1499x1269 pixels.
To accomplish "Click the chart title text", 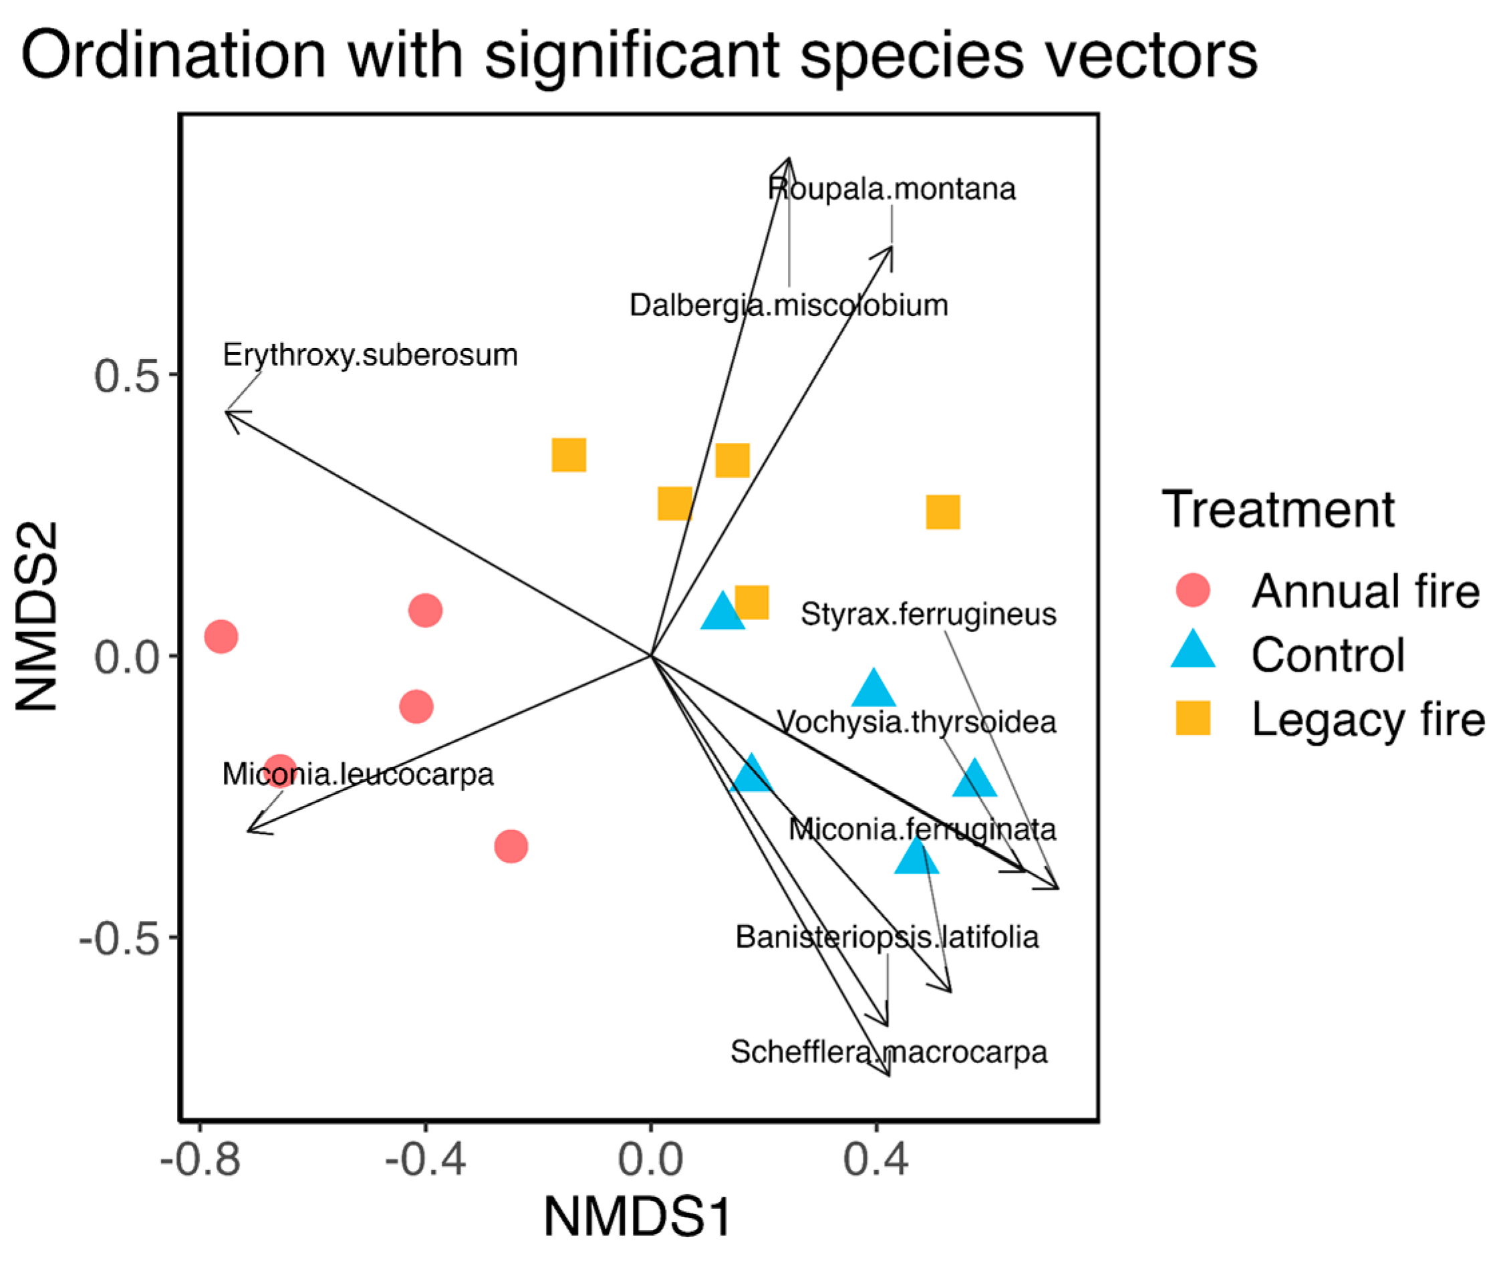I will click(639, 56).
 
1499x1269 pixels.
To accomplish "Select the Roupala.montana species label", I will click(892, 189).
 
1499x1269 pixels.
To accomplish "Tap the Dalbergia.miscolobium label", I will click(789, 305).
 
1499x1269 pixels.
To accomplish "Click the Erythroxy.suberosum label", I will click(370, 355).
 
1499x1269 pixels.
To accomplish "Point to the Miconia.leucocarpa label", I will click(358, 774).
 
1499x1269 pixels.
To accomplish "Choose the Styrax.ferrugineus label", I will click(928, 614).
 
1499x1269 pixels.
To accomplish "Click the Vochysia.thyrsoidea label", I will click(916, 722).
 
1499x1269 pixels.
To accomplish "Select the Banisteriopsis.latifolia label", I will click(886, 937).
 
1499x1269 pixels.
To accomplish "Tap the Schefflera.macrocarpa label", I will click(888, 1052).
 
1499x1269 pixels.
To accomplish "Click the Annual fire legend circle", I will click(1192, 591).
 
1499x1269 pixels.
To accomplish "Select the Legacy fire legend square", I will click(1192, 718).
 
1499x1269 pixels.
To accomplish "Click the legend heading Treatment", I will click(1278, 509).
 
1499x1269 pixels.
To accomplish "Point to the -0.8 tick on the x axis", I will click(200, 1160).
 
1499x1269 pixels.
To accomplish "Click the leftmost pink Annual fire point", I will click(221, 636).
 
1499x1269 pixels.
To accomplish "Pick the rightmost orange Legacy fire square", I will click(942, 512).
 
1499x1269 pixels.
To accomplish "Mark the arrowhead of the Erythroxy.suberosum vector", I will click(227, 412).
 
